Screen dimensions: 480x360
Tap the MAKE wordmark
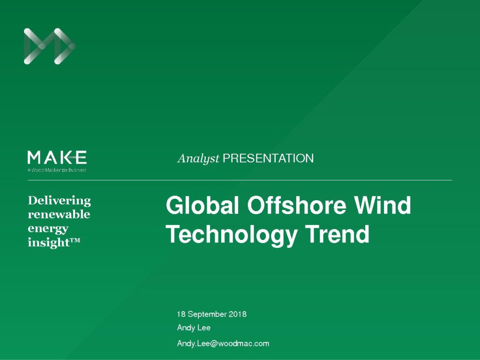pos(57,157)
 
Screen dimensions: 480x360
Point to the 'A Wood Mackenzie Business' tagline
pos(57,170)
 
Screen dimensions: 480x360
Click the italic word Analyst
pos(198,158)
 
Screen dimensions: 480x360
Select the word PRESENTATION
pos(268,158)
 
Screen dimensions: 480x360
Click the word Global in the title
pos(202,205)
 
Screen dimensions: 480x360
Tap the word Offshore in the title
pos(297,205)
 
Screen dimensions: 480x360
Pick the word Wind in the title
pos(382,205)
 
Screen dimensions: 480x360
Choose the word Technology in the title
pos(232,234)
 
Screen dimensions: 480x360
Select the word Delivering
pos(60,201)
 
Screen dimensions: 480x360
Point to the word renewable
pos(59,214)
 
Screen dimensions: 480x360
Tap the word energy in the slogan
pos(48,229)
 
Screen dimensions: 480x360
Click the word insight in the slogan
pos(49,242)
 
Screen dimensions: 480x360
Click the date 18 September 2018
pos(211,314)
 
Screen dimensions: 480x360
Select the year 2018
pos(238,314)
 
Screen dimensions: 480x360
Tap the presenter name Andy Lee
pos(194,328)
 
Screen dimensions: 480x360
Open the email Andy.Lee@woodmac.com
pos(223,344)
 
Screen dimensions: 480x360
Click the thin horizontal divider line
pos(240,180)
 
